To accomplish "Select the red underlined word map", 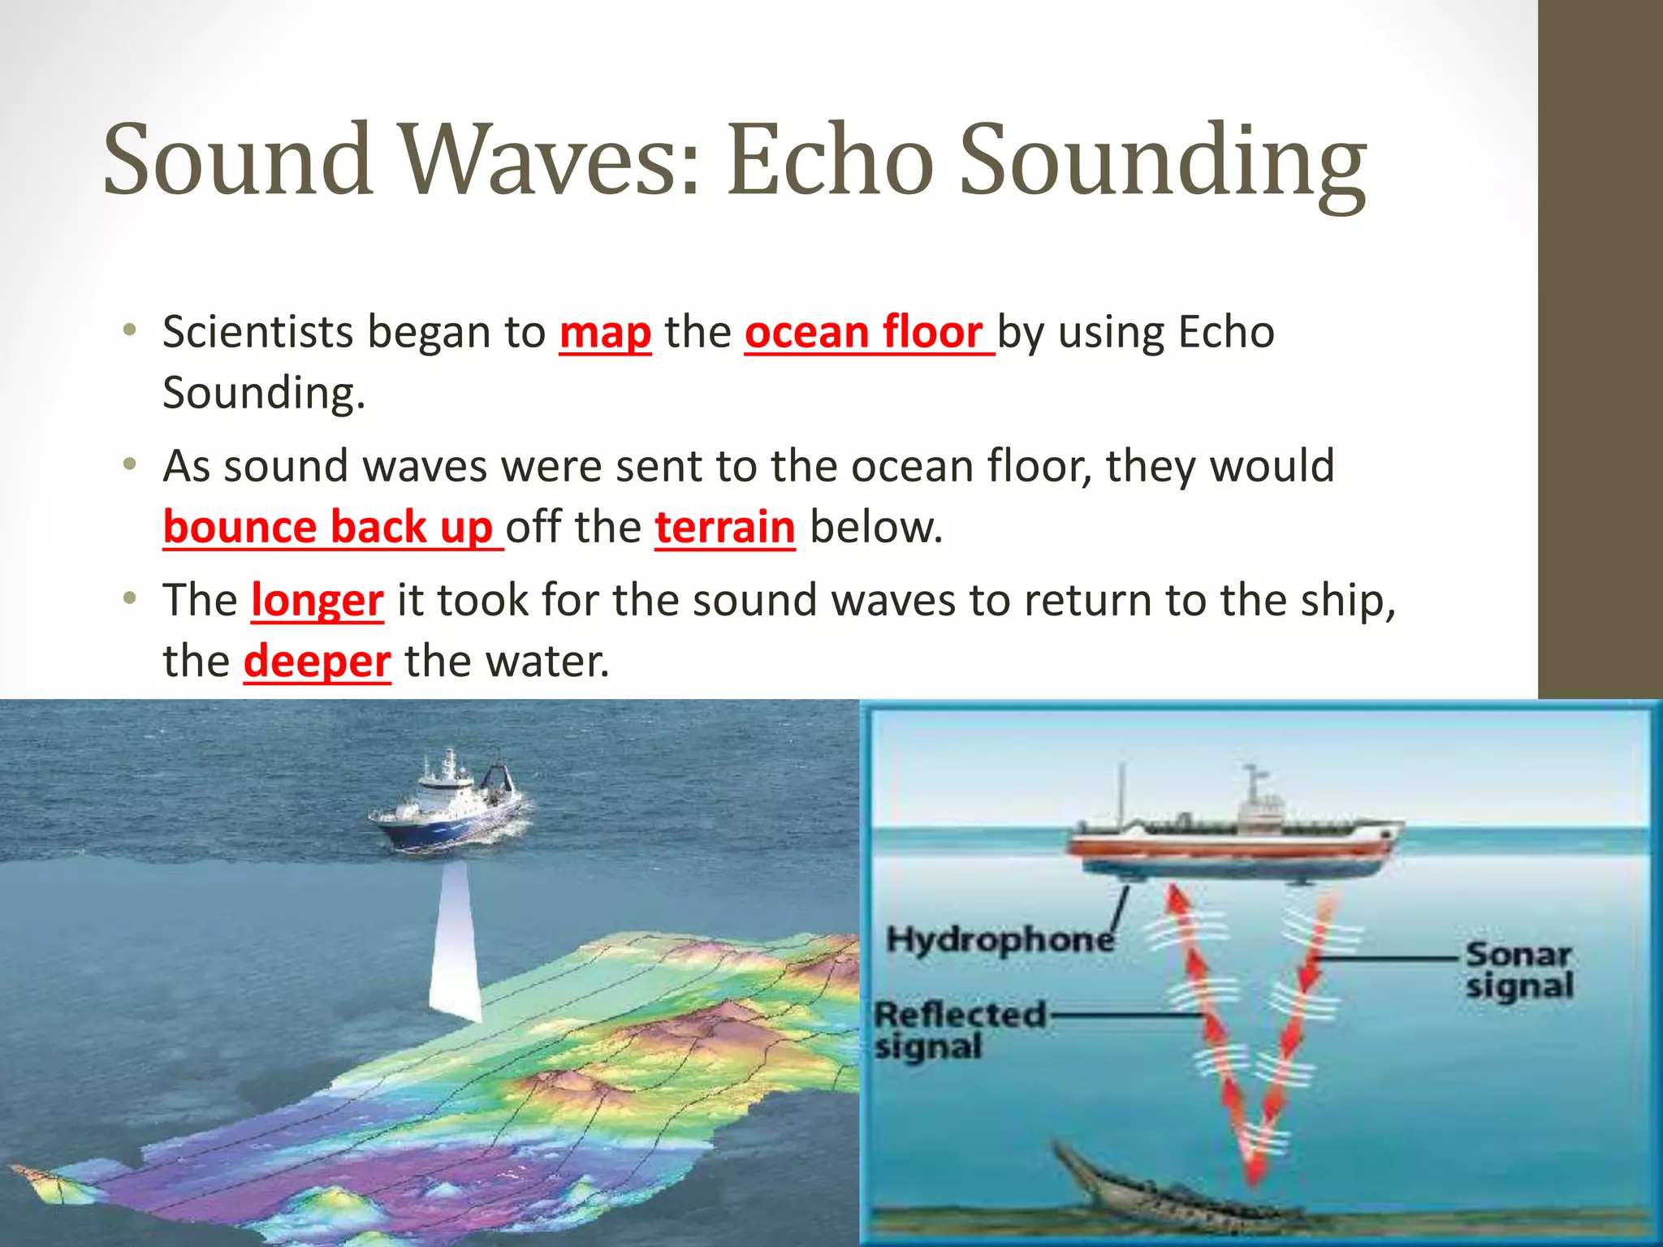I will click(x=605, y=332).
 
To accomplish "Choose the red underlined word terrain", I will click(x=724, y=527).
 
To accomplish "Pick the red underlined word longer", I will click(x=317, y=600).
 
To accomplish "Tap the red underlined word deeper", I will click(x=317, y=661).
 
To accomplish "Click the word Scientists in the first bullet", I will click(x=257, y=332).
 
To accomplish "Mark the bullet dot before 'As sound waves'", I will click(x=128, y=465).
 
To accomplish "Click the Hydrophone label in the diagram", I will click(x=1000, y=939).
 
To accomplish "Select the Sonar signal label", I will click(x=1518, y=970).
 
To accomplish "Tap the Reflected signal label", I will click(x=958, y=1029).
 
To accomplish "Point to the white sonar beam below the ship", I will click(x=455, y=942).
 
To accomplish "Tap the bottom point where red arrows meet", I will click(x=1255, y=1177).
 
